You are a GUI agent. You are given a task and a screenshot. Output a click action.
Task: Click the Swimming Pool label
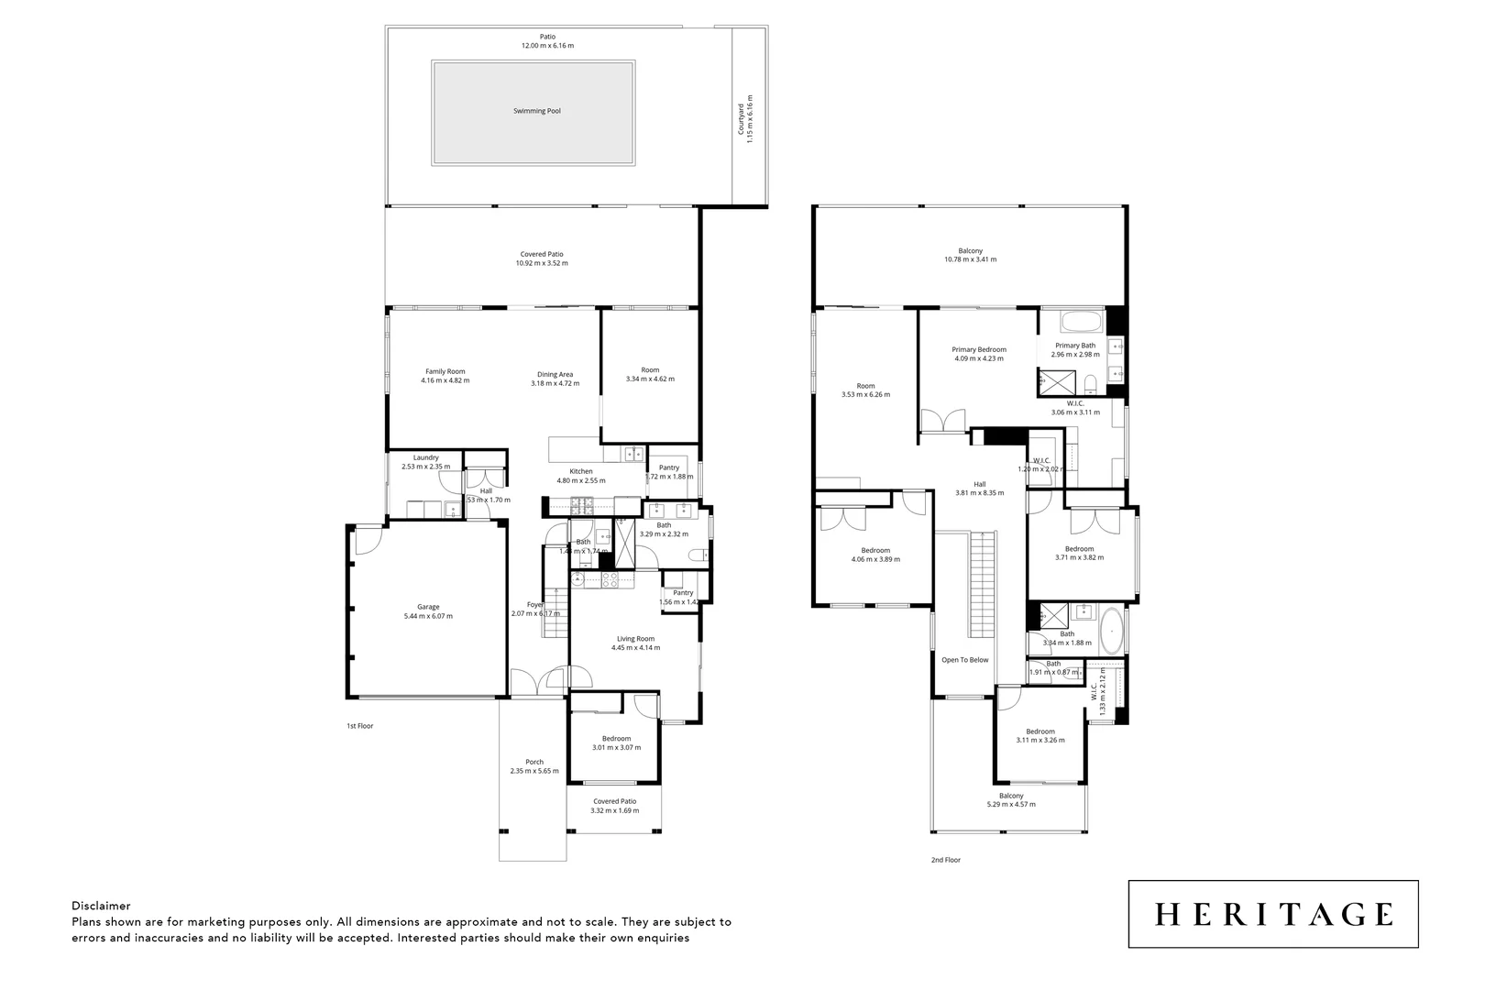click(x=536, y=111)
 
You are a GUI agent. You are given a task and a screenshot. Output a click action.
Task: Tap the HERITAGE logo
click(x=1273, y=914)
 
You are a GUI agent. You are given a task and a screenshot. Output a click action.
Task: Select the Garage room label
click(x=428, y=607)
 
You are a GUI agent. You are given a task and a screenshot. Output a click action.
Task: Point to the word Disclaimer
click(x=101, y=906)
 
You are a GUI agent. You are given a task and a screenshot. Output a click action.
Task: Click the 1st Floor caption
click(x=359, y=726)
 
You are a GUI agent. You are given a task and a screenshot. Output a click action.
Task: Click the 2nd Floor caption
click(x=946, y=860)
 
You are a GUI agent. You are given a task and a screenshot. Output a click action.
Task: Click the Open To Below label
click(x=965, y=660)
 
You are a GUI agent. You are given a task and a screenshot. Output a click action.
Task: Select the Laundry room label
click(x=425, y=457)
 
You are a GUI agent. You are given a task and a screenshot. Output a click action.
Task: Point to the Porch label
click(x=534, y=762)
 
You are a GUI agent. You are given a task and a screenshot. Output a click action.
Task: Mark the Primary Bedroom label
click(x=979, y=349)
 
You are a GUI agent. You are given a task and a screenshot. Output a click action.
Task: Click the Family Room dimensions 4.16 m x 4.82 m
click(x=445, y=380)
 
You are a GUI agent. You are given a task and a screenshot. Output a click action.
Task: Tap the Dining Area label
click(x=555, y=374)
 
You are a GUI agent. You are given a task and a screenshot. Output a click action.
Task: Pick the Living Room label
click(x=635, y=639)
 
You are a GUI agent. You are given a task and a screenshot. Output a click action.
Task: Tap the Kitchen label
click(x=581, y=471)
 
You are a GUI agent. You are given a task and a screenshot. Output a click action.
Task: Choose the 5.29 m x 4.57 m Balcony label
click(x=1011, y=796)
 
